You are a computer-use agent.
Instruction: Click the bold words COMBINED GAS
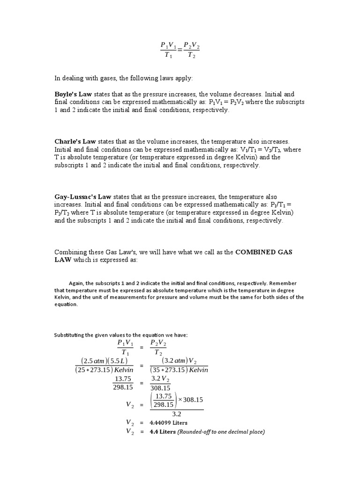pyautogui.click(x=264, y=252)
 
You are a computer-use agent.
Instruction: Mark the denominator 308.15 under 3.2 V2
pyautogui.click(x=160, y=388)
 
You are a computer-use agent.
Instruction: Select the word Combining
pyautogui.click(x=71, y=252)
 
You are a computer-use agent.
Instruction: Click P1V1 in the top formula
pyautogui.click(x=168, y=45)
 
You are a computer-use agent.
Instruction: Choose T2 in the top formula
pyautogui.click(x=191, y=55)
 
